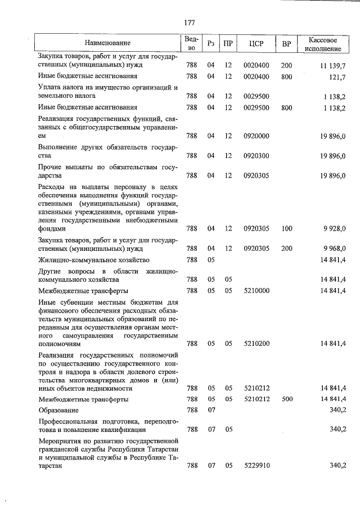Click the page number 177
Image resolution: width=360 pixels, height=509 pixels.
click(189, 22)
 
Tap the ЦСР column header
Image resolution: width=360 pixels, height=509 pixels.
click(260, 43)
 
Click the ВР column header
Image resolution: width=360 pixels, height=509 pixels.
click(287, 43)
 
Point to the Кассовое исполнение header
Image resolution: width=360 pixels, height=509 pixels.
click(323, 43)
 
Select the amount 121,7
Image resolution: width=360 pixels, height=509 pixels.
click(337, 76)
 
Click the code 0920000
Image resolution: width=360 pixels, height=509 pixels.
click(256, 136)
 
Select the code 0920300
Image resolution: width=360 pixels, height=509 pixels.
click(256, 156)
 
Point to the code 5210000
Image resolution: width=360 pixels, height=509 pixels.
click(256, 290)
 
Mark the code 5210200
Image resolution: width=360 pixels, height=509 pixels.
click(256, 343)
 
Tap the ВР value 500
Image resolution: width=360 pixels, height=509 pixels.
click(287, 399)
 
